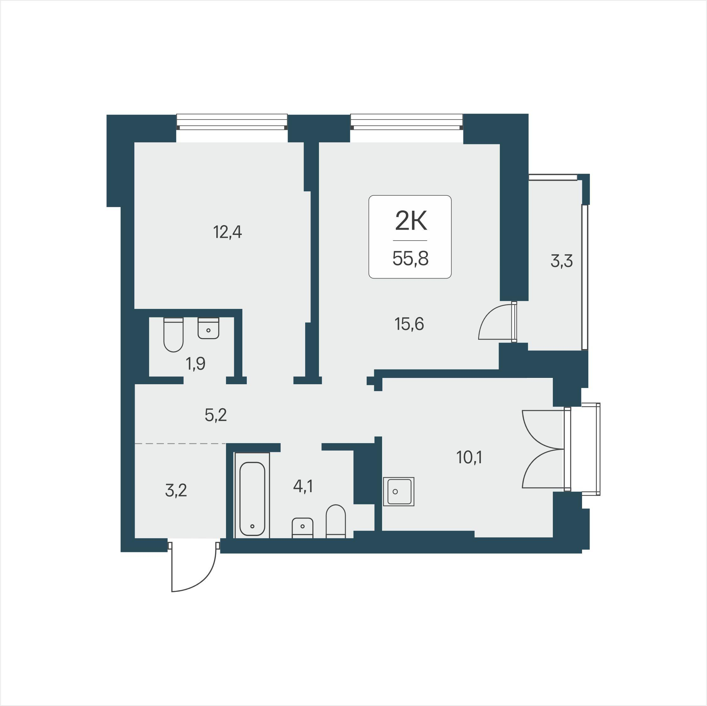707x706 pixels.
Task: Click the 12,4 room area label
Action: [x=227, y=232]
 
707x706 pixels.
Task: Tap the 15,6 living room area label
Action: [x=409, y=324]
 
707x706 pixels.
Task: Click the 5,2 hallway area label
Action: [x=216, y=415]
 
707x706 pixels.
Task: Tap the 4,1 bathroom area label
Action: [x=303, y=486]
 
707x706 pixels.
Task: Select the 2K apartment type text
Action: [x=411, y=221]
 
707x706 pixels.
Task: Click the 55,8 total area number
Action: [x=410, y=259]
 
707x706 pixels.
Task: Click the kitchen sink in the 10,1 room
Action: [x=398, y=491]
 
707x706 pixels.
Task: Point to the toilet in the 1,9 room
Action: [x=173, y=335]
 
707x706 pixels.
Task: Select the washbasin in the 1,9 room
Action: [x=208, y=328]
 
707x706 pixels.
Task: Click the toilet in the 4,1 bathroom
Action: [x=336, y=521]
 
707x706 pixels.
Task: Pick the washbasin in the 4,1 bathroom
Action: [x=302, y=528]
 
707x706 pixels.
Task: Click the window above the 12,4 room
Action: [x=232, y=122]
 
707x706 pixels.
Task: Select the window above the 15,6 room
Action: [x=407, y=122]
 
